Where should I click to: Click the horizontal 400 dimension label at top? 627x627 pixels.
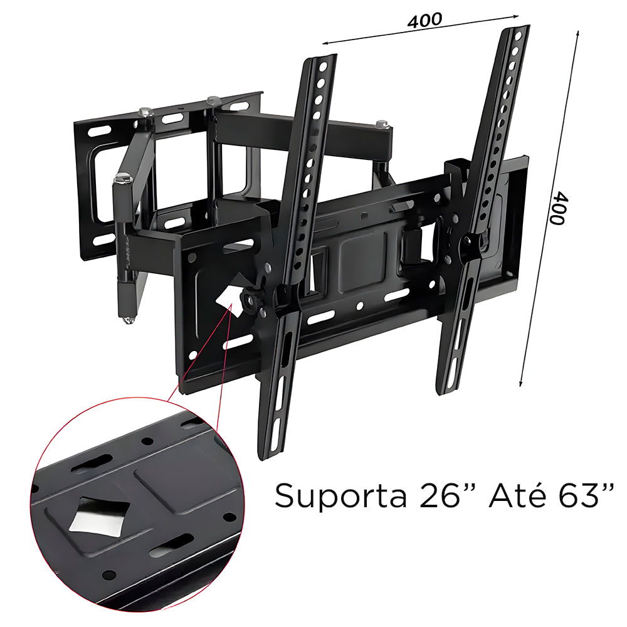(424, 20)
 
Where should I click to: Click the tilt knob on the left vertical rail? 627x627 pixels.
(250, 298)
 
